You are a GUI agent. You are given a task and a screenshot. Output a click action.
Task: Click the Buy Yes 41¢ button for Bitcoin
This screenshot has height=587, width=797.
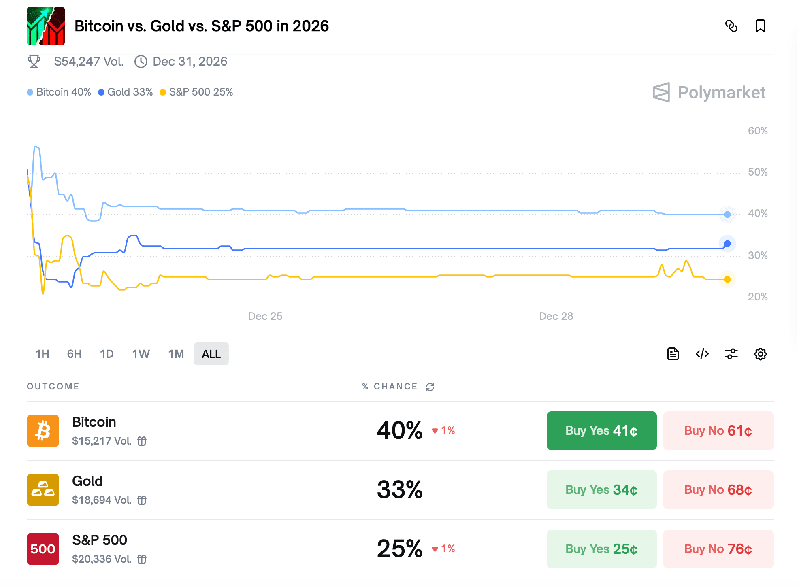click(601, 431)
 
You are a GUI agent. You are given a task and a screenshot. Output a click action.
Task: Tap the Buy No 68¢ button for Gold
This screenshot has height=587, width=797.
click(718, 490)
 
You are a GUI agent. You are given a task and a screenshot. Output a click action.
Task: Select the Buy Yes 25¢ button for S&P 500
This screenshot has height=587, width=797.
click(601, 549)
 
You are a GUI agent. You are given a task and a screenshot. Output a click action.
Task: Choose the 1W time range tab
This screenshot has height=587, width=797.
click(141, 354)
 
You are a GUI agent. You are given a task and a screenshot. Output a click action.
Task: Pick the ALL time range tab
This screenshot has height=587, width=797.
click(211, 354)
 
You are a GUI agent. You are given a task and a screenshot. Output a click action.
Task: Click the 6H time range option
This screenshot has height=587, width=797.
click(74, 354)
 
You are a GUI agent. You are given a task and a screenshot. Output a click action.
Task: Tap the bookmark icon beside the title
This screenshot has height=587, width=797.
click(760, 26)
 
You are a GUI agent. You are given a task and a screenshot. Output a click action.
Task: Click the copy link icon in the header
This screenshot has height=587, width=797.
click(731, 26)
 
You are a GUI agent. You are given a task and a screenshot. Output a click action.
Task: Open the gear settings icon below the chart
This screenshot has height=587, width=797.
click(760, 354)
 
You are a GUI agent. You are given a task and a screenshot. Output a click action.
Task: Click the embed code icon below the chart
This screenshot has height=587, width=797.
click(702, 354)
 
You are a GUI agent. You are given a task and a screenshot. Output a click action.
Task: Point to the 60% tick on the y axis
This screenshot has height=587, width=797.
click(757, 131)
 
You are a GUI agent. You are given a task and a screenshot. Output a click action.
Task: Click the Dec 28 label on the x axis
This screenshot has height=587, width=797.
click(556, 316)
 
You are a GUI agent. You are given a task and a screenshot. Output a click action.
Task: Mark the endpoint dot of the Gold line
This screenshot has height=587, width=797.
click(727, 244)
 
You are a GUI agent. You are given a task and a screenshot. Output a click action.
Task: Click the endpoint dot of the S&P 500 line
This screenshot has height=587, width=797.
click(727, 279)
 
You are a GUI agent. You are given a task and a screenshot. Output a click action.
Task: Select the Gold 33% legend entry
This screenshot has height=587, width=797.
click(126, 92)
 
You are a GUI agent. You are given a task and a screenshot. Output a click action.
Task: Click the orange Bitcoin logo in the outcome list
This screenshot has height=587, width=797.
click(43, 431)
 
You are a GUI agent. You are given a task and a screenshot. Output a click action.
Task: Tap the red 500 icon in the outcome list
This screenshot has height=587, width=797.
click(43, 549)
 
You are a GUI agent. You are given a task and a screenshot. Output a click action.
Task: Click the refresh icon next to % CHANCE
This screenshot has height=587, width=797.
click(430, 387)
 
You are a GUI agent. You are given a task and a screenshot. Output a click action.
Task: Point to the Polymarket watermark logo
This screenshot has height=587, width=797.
click(709, 93)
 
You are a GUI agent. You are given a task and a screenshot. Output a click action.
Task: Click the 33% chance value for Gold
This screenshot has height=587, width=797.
click(400, 489)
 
